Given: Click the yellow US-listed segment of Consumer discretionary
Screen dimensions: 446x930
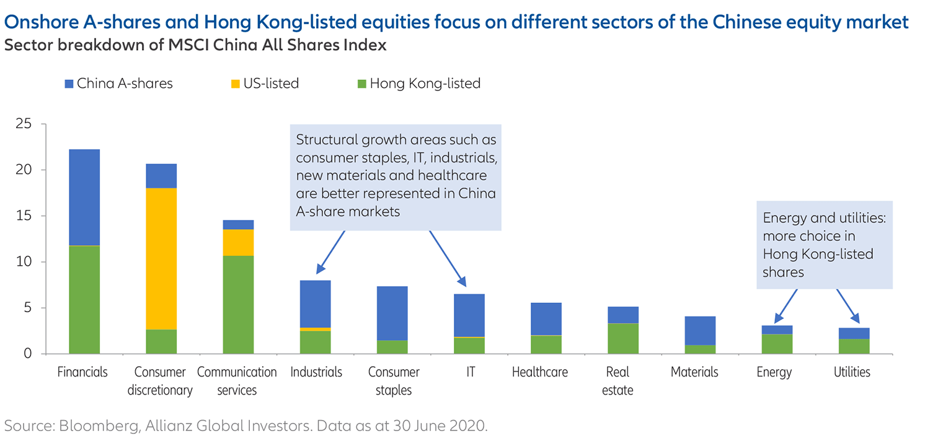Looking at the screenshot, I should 161,258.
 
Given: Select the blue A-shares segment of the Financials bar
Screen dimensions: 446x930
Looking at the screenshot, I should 84,197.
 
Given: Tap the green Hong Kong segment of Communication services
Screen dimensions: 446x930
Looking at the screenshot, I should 238,304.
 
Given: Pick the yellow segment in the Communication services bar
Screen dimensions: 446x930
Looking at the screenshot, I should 238,242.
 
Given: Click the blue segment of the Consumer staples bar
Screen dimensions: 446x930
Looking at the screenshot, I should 392,313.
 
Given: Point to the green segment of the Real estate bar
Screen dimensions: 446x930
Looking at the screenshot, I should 622,338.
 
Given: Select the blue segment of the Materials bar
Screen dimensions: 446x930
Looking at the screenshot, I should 699,330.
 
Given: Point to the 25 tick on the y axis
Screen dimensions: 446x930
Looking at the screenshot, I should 24,125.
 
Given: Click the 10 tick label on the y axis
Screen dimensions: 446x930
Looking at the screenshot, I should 24,262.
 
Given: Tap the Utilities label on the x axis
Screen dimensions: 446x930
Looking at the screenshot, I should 852,372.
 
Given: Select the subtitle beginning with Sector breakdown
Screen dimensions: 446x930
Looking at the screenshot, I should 195,45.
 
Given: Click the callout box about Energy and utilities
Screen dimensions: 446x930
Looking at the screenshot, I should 823,245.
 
